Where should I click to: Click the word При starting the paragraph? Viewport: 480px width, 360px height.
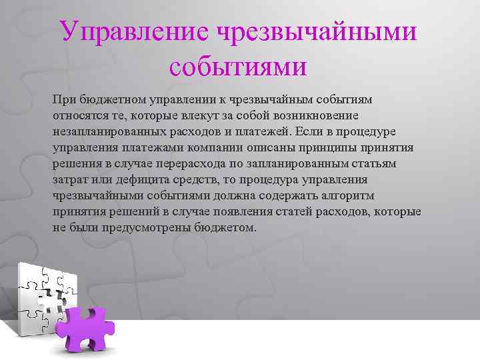63,99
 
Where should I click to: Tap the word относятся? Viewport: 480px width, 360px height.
77,115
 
